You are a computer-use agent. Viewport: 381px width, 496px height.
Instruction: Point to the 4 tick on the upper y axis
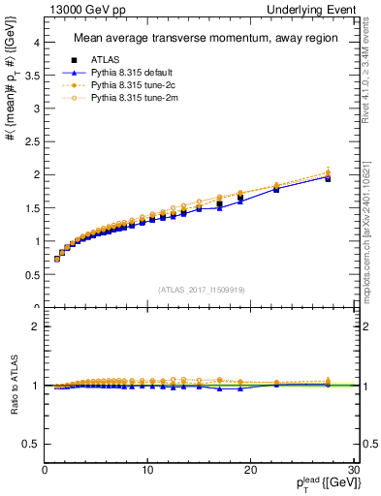click(x=36, y=43)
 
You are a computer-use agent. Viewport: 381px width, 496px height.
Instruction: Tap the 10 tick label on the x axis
click(x=147, y=470)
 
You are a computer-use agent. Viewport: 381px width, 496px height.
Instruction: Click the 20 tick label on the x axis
click(x=250, y=470)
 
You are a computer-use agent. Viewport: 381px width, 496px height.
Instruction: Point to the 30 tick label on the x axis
click(x=353, y=470)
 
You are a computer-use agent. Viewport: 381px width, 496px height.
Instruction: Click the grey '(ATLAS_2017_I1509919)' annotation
click(x=201, y=290)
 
